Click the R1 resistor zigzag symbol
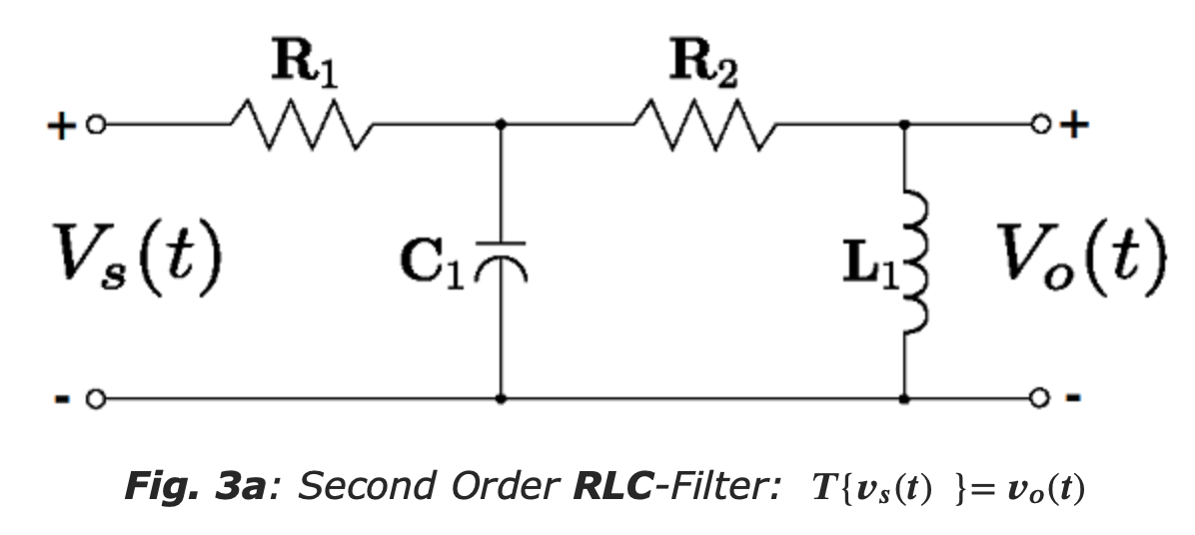click(x=302, y=126)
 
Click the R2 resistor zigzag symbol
click(x=704, y=126)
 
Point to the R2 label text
click(x=706, y=66)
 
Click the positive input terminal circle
click(x=95, y=126)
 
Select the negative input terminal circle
click(x=95, y=399)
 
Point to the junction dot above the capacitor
click(x=501, y=126)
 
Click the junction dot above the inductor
click(x=905, y=126)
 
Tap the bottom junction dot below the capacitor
click(x=501, y=399)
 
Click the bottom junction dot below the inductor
click(x=905, y=399)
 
